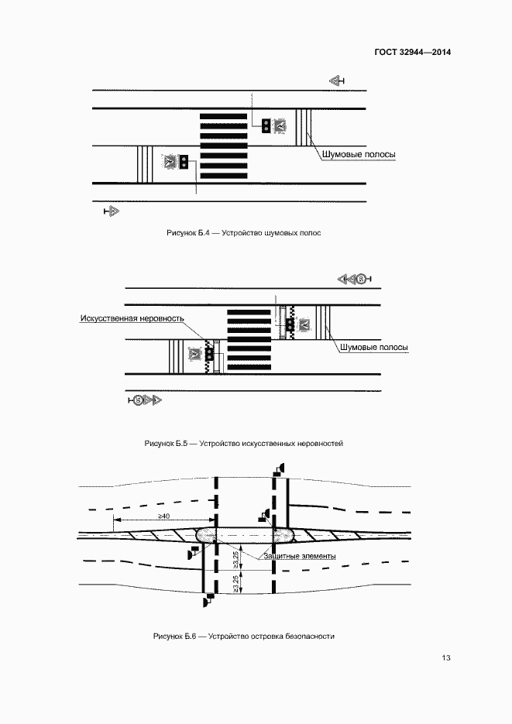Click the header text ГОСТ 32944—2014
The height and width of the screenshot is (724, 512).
(412, 53)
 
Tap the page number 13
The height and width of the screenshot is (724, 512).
(445, 659)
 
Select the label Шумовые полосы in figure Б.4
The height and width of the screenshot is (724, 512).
(359, 154)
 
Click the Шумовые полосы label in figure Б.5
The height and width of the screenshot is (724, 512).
(374, 348)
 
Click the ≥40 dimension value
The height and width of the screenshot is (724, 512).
(164, 516)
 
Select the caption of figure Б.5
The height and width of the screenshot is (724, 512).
(243, 444)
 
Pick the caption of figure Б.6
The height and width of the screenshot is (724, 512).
(243, 636)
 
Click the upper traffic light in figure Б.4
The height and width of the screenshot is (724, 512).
(265, 125)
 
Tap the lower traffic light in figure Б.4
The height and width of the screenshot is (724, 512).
(184, 162)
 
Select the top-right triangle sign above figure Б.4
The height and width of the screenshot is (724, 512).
(336, 81)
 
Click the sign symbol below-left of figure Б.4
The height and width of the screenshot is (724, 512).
(110, 211)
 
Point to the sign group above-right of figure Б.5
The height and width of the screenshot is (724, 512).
(355, 278)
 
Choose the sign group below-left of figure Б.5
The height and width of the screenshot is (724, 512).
(145, 400)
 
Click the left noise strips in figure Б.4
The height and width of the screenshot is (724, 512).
(144, 163)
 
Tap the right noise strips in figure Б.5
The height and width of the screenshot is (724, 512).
(323, 321)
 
